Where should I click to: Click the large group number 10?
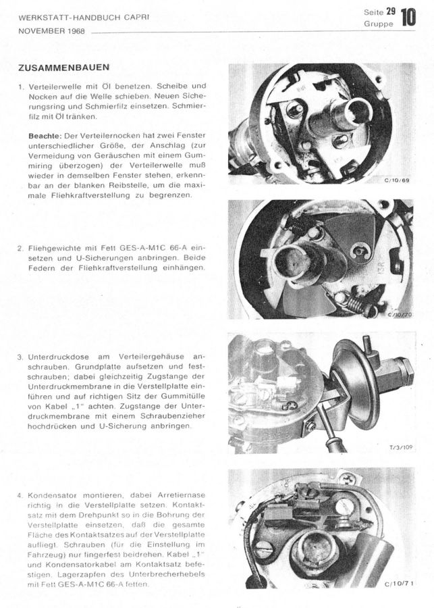[x=408, y=17]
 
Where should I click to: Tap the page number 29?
[x=391, y=11]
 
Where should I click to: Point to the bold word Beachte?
[x=45, y=135]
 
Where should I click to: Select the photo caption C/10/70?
[x=398, y=315]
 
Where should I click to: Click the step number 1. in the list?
[x=22, y=87]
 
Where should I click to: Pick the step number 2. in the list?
[x=22, y=247]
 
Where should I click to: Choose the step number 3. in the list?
[x=22, y=356]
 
